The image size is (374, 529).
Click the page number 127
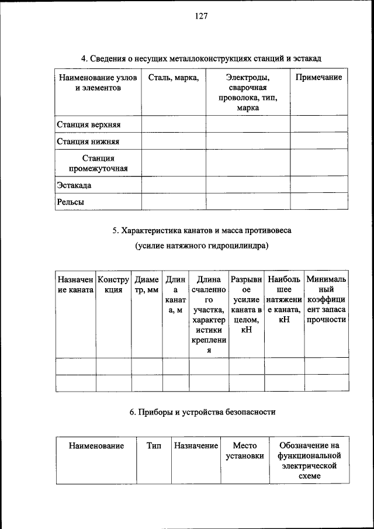[x=202, y=16]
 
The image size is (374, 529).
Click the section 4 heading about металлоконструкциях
[x=202, y=58]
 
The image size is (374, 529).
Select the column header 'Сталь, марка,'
[x=174, y=78]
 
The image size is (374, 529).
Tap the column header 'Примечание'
[x=318, y=78]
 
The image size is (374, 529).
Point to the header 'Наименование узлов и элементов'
[x=98, y=83]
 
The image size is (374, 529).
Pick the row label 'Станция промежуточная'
[x=98, y=164]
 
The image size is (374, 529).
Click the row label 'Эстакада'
[x=74, y=185]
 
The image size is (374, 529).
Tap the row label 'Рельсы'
[x=71, y=202]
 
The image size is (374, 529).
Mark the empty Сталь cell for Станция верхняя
[x=174, y=125]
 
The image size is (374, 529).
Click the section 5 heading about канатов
[x=202, y=230]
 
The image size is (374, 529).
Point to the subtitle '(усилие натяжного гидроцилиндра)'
[x=202, y=246]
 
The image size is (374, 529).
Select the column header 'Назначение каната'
[x=76, y=285]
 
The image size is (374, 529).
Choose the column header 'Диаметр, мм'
[x=147, y=285]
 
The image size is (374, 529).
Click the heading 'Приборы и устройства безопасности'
[x=202, y=412]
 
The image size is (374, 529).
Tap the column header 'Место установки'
[x=245, y=451]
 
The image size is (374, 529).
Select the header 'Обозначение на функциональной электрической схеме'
[x=309, y=461]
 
